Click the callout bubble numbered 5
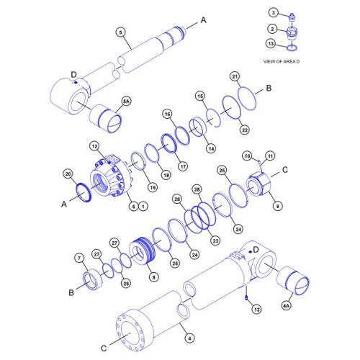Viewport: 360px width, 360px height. [121, 32]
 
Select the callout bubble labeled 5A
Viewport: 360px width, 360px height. [127, 103]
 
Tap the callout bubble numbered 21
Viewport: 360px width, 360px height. [235, 76]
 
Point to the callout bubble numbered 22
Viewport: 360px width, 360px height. [245, 129]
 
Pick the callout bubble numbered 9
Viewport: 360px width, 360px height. [278, 206]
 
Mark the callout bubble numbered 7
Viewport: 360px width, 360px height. [79, 258]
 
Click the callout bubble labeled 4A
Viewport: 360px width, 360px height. [287, 306]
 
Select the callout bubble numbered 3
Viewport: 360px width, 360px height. [273, 12]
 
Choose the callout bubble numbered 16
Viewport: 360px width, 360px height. [167, 114]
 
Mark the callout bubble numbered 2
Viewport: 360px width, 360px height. [273, 29]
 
